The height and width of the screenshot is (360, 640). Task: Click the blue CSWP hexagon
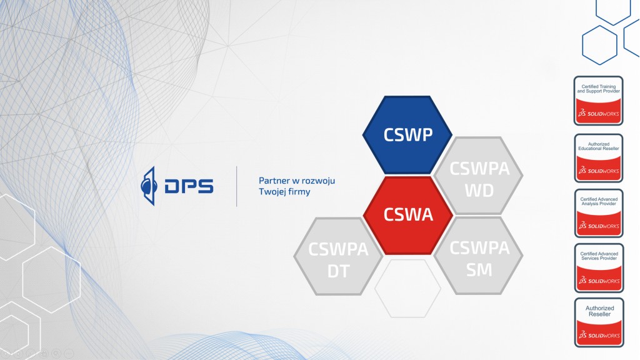coord(407,135)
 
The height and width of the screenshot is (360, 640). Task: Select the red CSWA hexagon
coord(407,215)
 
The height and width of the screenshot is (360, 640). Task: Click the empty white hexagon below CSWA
coord(407,288)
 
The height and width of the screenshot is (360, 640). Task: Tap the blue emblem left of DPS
coord(149,186)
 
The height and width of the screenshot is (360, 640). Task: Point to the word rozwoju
coord(318,181)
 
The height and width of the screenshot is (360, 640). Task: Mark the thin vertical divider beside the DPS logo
coord(236,186)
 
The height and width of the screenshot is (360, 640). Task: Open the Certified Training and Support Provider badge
coord(599,101)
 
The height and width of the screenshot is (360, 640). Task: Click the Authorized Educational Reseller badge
coord(599,157)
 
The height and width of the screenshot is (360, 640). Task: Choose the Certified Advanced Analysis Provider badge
coord(599,213)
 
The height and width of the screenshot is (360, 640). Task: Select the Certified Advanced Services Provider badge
coord(599,268)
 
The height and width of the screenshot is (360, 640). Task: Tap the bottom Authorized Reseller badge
coord(599,322)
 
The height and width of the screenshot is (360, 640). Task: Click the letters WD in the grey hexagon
coord(479,190)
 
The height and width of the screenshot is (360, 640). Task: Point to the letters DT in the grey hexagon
coord(338,270)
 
